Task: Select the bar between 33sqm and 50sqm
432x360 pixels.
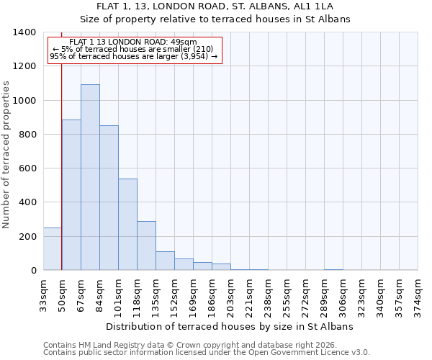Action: pyautogui.click(x=53, y=248)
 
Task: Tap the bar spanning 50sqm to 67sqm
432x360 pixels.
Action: pyautogui.click(x=71, y=194)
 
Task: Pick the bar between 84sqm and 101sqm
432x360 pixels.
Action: pyautogui.click(x=109, y=198)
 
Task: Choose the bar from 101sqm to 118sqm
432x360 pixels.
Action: pyautogui.click(x=127, y=224)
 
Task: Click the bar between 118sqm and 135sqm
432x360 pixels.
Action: pyautogui.click(x=146, y=246)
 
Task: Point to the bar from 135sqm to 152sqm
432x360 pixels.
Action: pyautogui.click(x=165, y=261)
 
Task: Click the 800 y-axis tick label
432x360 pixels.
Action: pyautogui.click(x=27, y=135)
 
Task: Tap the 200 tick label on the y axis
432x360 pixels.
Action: pyautogui.click(x=27, y=236)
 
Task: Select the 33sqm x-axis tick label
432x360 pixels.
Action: pyautogui.click(x=43, y=294)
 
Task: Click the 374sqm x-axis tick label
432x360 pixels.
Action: pyautogui.click(x=418, y=294)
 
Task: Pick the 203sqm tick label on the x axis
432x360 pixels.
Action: pyautogui.click(x=230, y=294)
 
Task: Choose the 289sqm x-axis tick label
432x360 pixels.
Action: pyautogui.click(x=324, y=294)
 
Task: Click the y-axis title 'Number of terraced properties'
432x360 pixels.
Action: pyautogui.click(x=7, y=155)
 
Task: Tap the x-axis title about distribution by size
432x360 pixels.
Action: pyautogui.click(x=230, y=326)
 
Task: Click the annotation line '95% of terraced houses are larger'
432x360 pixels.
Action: pyautogui.click(x=133, y=55)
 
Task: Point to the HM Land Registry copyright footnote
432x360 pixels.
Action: pyautogui.click(x=184, y=345)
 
